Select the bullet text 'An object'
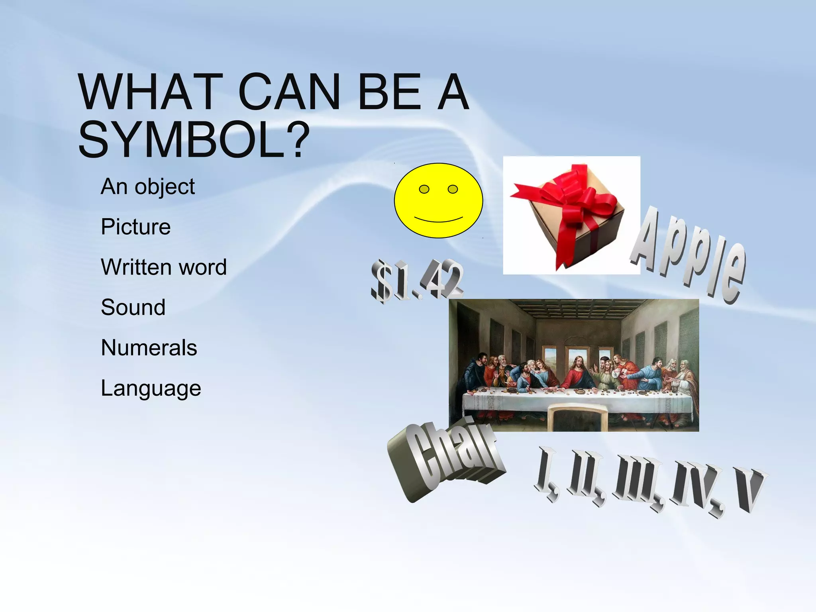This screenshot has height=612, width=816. coord(147,186)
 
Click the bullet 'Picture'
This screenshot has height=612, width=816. coord(135,227)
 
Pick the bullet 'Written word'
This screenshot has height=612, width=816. coord(163,267)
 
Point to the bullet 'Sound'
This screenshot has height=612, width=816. coord(133,307)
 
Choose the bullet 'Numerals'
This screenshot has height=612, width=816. coord(149,347)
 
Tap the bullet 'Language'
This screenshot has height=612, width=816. coord(151,388)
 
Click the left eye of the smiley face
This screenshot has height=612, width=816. coord(424,189)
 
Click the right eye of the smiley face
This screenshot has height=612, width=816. coord(453,189)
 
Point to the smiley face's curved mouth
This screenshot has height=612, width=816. coord(438,220)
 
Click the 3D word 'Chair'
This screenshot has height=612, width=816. coord(446,458)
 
